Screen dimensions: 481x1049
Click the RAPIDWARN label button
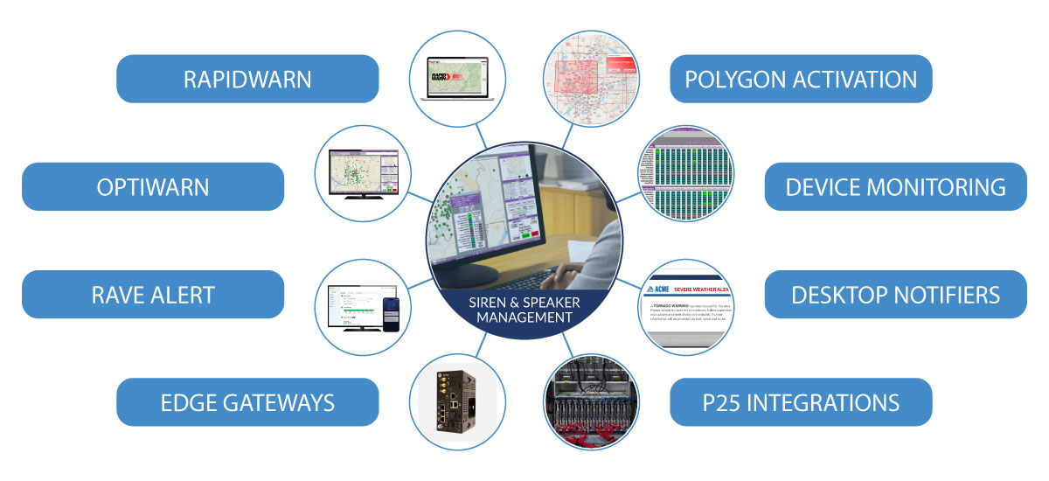click(x=247, y=79)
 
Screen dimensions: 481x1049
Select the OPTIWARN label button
click(x=153, y=186)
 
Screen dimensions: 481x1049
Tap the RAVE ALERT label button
click(x=153, y=294)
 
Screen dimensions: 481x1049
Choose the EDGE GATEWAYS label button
click(x=247, y=402)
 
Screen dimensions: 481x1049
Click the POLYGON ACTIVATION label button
click(x=801, y=79)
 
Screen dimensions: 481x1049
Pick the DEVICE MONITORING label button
click(x=895, y=186)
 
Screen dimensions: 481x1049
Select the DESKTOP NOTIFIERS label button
click(x=895, y=294)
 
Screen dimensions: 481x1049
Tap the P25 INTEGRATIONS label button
click(x=801, y=402)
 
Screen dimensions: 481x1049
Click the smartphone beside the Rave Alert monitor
click(x=393, y=310)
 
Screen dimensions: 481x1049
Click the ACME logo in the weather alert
click(x=657, y=290)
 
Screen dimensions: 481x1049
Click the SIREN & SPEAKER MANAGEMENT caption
click(x=524, y=310)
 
